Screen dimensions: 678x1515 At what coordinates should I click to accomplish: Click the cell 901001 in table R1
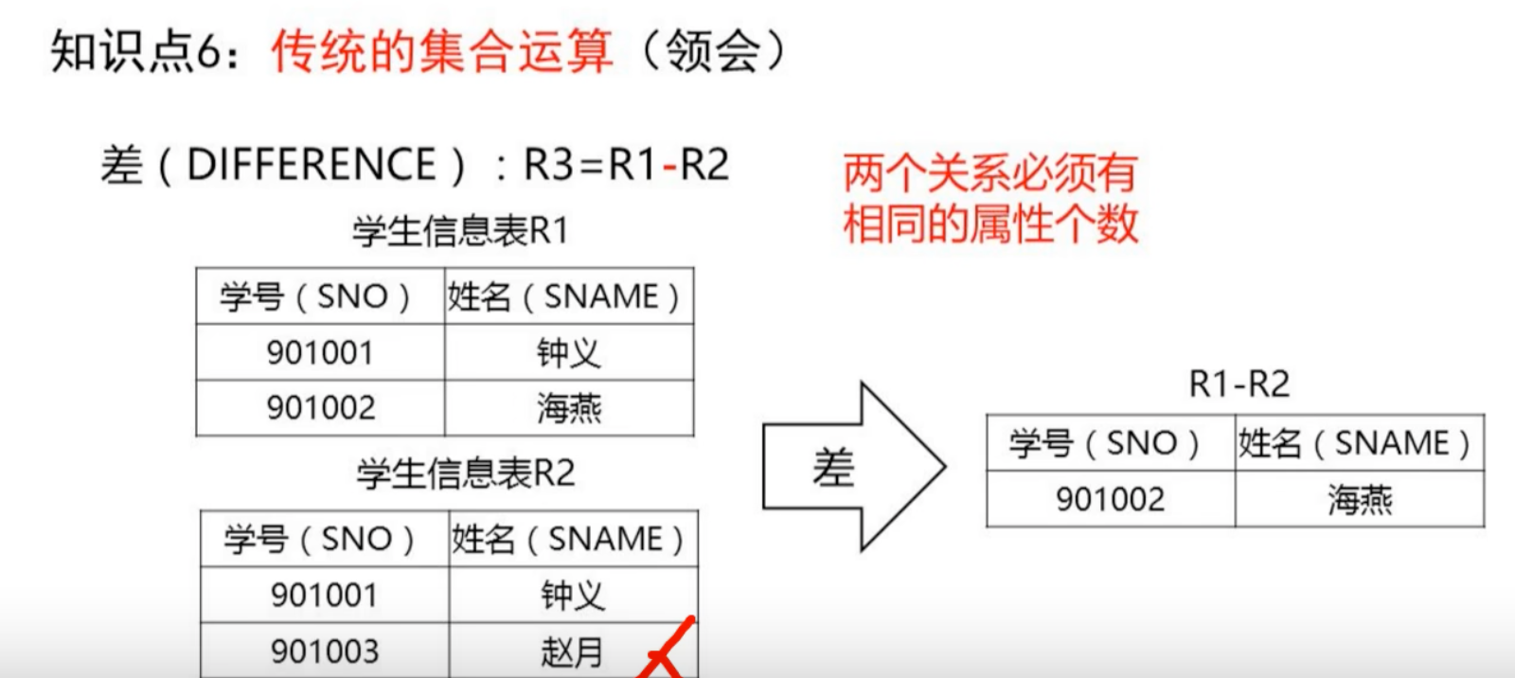coord(320,353)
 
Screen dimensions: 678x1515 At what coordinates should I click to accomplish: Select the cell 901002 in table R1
coord(321,408)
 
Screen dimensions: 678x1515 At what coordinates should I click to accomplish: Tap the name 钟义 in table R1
coord(568,353)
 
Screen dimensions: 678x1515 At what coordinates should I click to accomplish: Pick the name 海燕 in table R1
coord(569,409)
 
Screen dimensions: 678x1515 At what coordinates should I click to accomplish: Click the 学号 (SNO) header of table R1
coord(315,297)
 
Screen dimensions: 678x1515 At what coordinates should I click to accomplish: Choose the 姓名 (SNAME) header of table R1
coord(564,297)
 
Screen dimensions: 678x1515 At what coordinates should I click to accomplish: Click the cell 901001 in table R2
coord(324,596)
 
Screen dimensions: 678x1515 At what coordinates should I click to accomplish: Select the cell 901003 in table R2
coord(325,651)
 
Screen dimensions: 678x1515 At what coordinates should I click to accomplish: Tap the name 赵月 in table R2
coord(572,652)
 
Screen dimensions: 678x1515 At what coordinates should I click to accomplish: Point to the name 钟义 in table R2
coord(573,596)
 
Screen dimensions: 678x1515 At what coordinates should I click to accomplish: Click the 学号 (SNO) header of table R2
coord(320,540)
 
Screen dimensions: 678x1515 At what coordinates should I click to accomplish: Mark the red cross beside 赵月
coord(667,651)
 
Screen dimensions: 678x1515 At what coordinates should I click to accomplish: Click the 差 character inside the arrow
coord(833,468)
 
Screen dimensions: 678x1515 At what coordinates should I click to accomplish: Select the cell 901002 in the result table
coord(1111,499)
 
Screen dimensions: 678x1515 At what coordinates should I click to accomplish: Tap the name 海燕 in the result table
coord(1360,499)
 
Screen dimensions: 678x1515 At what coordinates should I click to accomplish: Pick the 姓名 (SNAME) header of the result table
coord(1355,443)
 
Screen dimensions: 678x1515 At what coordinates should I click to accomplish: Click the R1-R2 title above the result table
coord(1239,384)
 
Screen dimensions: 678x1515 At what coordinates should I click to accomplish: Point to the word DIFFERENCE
coord(312,166)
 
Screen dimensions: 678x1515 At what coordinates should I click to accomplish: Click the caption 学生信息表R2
coord(466,473)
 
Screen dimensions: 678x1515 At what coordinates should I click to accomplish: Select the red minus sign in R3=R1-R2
coord(670,168)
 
